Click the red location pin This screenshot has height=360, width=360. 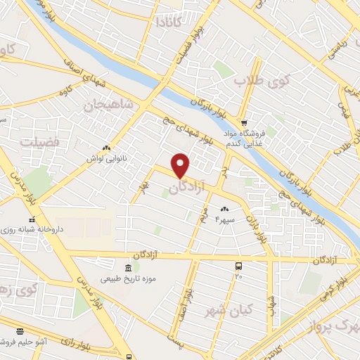(x=181, y=165)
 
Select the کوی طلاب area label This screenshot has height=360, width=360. (x=267, y=81)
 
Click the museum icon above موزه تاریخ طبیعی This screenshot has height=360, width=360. (x=128, y=268)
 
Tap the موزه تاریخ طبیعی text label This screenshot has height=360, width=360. (x=129, y=279)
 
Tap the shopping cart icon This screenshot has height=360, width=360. (x=244, y=121)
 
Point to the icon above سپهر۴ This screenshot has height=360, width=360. (x=225, y=209)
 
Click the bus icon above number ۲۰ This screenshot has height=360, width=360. (x=239, y=266)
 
